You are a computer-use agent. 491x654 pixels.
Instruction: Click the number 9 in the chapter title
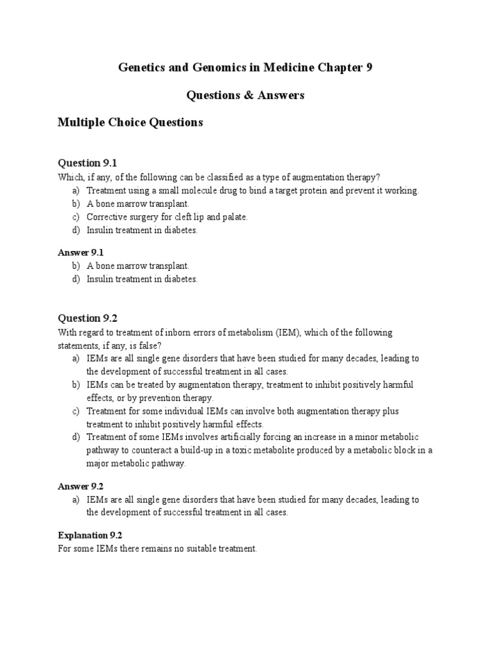tap(368, 68)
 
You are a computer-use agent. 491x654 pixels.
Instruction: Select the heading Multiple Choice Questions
tap(130, 122)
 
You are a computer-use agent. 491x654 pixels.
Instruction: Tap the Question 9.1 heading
tap(88, 163)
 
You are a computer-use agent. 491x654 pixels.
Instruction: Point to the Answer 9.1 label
tap(81, 253)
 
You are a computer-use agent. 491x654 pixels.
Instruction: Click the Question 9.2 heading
tap(88, 318)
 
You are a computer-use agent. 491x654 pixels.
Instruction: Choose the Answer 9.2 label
tap(81, 487)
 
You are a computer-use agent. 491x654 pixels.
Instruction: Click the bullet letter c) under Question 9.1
tap(76, 217)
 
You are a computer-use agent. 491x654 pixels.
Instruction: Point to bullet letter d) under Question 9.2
tap(76, 437)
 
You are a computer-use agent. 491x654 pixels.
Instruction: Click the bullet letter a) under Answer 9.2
tap(76, 500)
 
